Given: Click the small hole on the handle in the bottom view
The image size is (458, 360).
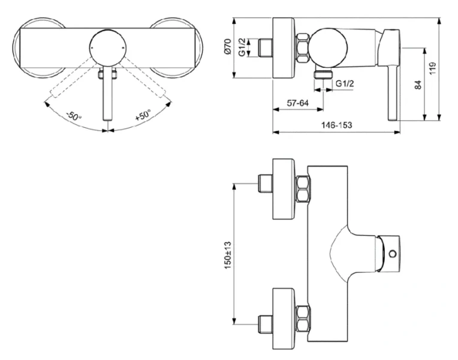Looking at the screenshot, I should click(392, 254).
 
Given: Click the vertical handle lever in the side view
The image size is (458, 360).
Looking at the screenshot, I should click(394, 90).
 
